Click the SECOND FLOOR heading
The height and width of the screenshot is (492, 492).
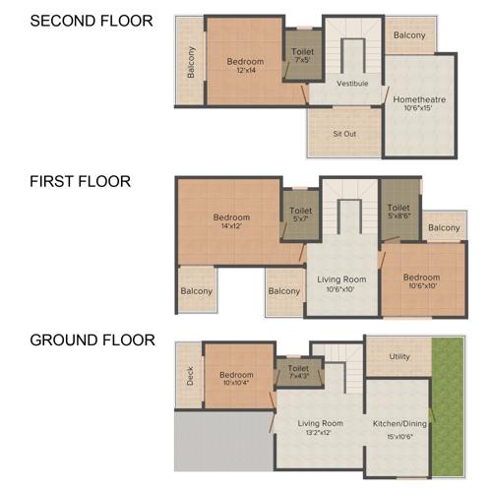[92, 20]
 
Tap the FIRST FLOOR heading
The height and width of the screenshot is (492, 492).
[81, 181]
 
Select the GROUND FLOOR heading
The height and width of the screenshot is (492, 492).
[92, 340]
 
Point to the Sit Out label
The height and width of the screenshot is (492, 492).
[344, 132]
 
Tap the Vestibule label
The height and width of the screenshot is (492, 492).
[351, 84]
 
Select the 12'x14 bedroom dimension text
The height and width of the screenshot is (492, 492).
[246, 70]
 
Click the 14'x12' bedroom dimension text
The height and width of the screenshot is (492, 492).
[232, 226]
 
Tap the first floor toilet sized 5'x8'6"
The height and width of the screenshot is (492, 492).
[399, 214]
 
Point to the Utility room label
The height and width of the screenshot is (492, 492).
[400, 356]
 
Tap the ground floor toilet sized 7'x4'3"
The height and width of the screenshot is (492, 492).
[299, 370]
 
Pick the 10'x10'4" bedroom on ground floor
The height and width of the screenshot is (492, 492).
[237, 380]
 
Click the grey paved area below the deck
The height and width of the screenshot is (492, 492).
[222, 440]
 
